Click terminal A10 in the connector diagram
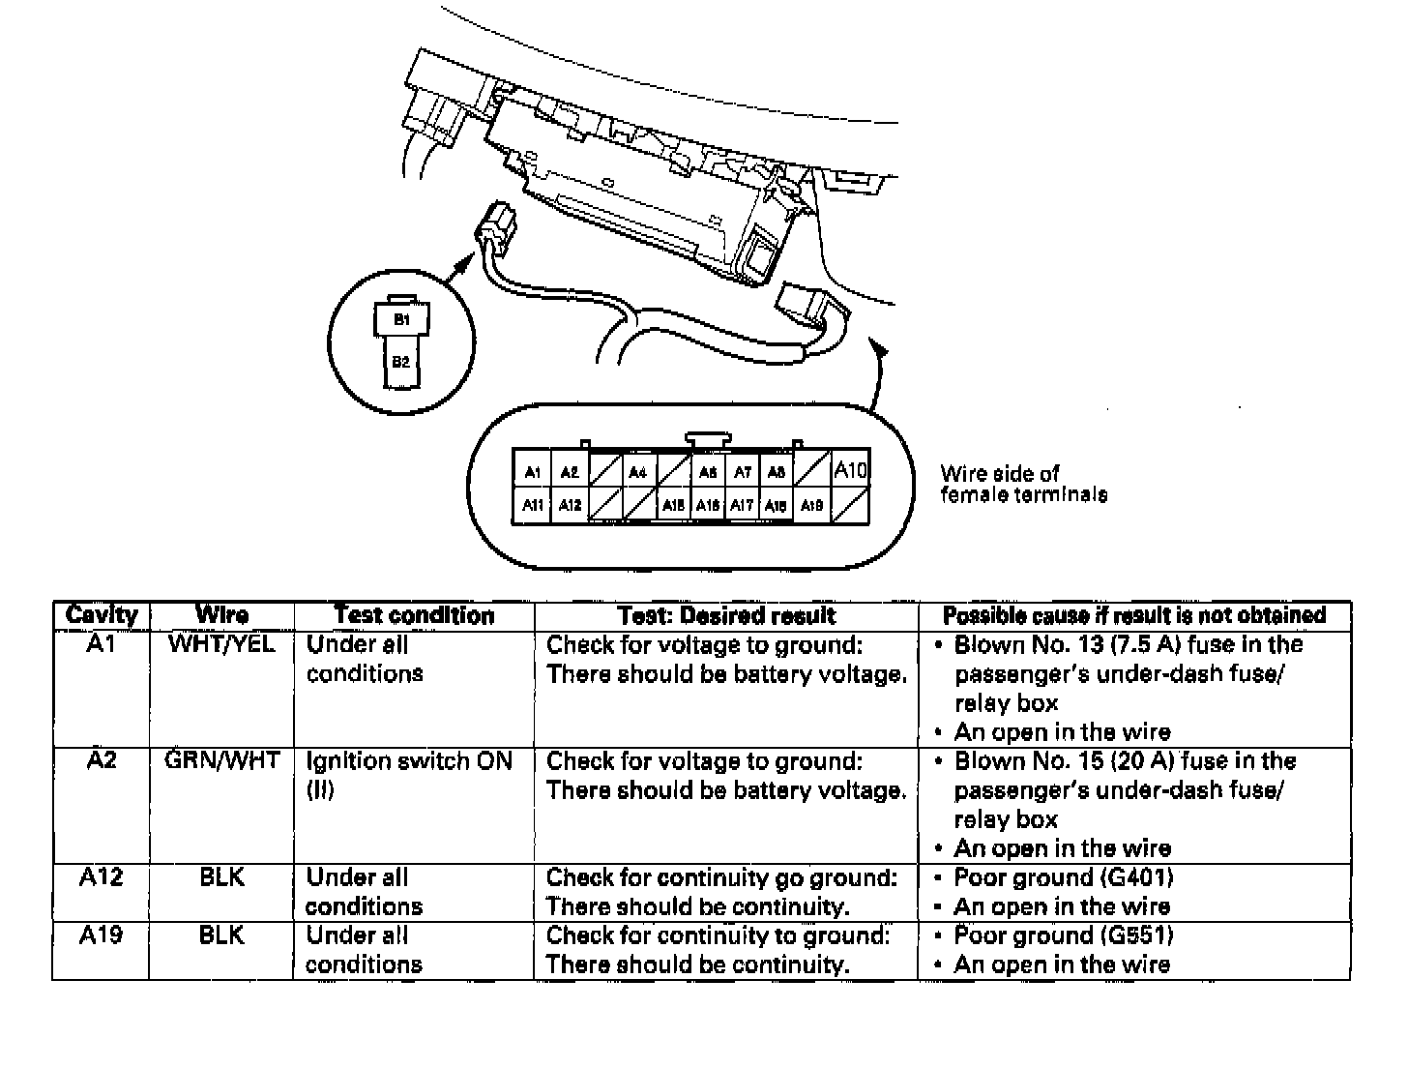[850, 471]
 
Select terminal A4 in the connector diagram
[637, 473]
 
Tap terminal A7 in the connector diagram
[742, 473]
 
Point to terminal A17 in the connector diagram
[742, 505]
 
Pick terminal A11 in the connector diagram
[532, 505]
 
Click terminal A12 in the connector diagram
[570, 505]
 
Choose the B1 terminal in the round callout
[400, 319]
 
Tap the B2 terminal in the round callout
[400, 362]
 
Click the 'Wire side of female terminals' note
[1023, 484]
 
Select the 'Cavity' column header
[102, 615]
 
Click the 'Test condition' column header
[414, 615]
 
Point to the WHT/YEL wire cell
[221, 644]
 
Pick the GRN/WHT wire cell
[221, 760]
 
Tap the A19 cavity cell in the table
[101, 935]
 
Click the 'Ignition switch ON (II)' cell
[408, 775]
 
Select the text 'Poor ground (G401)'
[1063, 877]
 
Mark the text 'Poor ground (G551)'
[1063, 935]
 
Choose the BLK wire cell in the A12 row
[221, 877]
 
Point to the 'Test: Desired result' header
[725, 615]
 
